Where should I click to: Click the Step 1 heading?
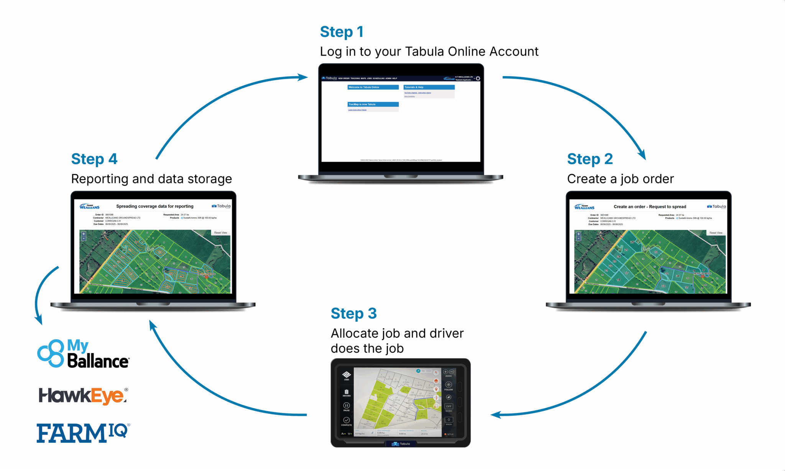(342, 32)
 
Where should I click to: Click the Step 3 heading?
(353, 313)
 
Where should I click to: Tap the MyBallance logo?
(83, 353)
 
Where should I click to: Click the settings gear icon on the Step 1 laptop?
(478, 79)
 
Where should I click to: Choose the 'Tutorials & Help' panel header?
(429, 87)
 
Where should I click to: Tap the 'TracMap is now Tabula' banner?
(373, 104)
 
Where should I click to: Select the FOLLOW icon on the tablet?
(448, 385)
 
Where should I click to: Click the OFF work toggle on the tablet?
(448, 406)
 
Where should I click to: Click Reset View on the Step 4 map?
(220, 233)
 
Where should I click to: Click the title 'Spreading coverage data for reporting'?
(155, 206)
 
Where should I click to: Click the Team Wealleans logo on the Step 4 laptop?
(89, 207)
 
